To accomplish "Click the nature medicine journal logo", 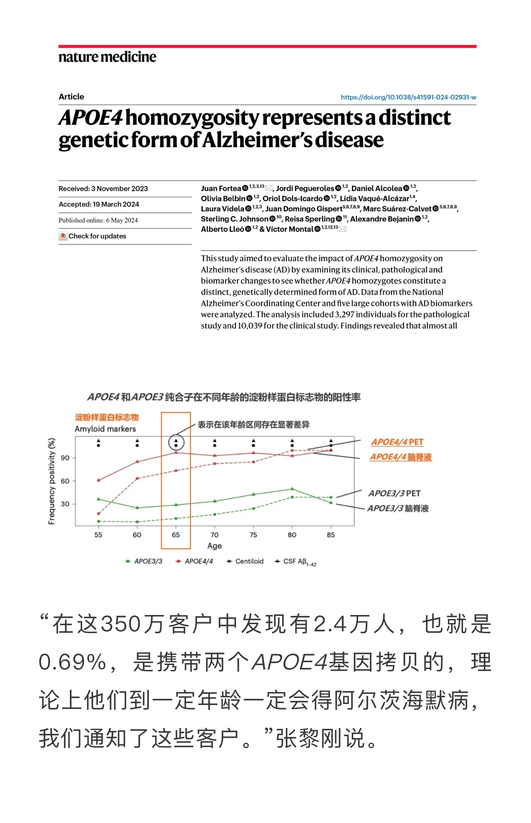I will tap(107, 57).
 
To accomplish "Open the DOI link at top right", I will tap(408, 97).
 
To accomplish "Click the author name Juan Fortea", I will tap(221, 188).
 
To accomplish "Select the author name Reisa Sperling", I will tap(310, 219).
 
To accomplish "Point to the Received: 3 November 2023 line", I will tap(103, 188).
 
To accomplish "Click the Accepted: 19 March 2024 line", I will tap(99, 204).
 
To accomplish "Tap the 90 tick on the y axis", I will tap(65, 458).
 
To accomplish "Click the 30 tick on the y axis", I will tap(65, 504).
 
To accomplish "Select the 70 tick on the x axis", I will tap(214, 535).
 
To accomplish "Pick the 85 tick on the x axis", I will tap(330, 535).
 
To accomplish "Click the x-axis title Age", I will tap(214, 546).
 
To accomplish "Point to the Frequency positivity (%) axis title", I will tap(52, 481).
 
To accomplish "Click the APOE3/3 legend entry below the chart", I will tap(144, 561).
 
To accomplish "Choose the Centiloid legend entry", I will tap(245, 561).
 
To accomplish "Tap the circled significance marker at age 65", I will tap(176, 442).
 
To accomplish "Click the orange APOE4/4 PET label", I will tap(397, 442).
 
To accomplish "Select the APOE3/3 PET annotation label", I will tap(394, 493).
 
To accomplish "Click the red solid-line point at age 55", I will tap(98, 480).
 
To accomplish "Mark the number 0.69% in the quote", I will tap(73, 662).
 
